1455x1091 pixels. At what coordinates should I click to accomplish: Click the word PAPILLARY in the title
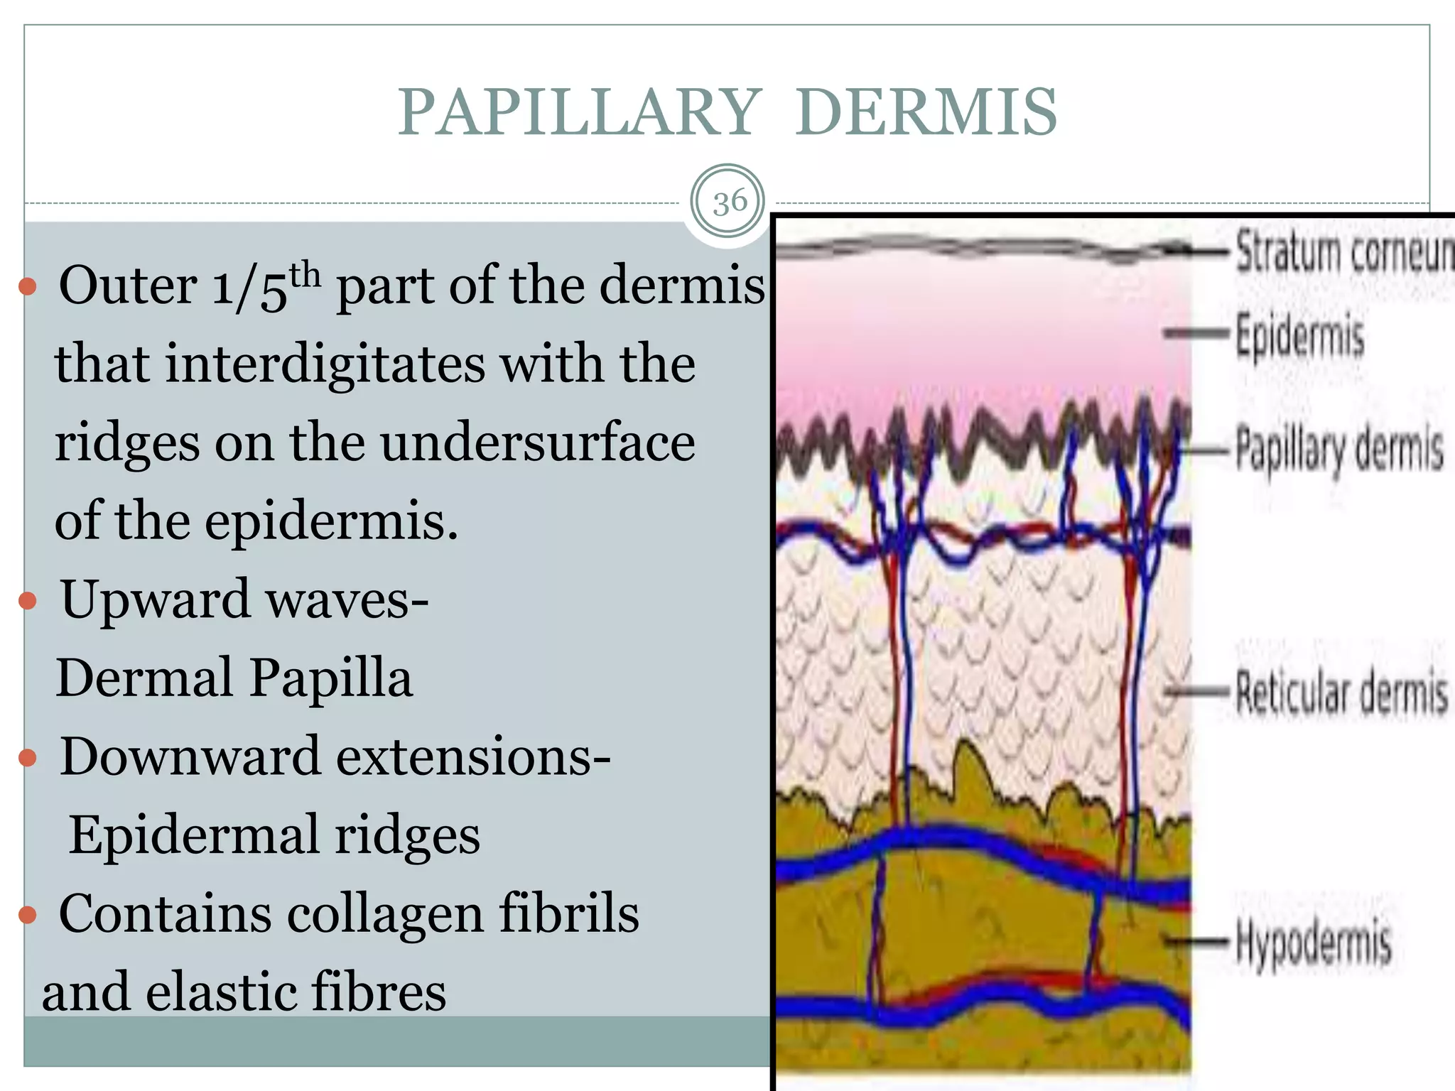pyautogui.click(x=579, y=112)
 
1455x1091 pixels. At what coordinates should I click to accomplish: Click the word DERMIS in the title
pyautogui.click(x=926, y=112)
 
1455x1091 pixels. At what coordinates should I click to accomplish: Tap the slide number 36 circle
pyautogui.click(x=729, y=203)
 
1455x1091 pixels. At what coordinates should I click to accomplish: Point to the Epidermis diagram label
pyautogui.click(x=1300, y=335)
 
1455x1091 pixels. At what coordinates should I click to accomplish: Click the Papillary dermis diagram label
pyautogui.click(x=1339, y=449)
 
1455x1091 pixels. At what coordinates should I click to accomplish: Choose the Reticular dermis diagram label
pyautogui.click(x=1341, y=692)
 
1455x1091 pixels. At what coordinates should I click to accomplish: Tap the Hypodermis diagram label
pyautogui.click(x=1313, y=942)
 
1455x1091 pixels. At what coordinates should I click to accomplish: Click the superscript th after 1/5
pyautogui.click(x=305, y=273)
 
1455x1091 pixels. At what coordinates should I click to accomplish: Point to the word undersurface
pyautogui.click(x=537, y=442)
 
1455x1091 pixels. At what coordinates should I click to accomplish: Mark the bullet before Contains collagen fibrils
pyautogui.click(x=28, y=915)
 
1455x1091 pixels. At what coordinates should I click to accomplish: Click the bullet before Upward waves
pyautogui.click(x=28, y=601)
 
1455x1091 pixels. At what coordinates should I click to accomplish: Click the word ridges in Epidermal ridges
pyautogui.click(x=407, y=835)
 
